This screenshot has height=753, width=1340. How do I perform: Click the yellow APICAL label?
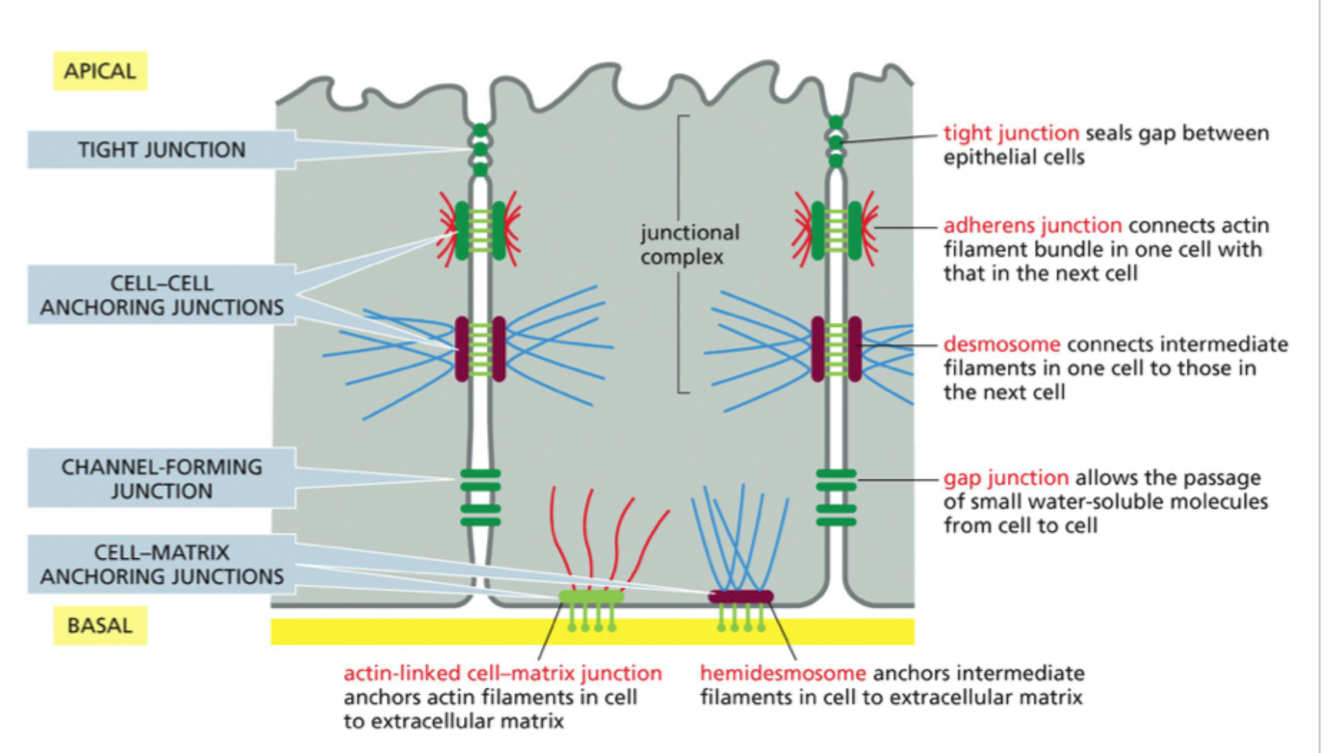[x=99, y=71]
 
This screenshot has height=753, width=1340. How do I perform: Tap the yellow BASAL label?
[x=99, y=626]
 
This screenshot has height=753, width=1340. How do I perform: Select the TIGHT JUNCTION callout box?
[x=161, y=150]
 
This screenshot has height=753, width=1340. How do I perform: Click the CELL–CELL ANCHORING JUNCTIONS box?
[x=161, y=295]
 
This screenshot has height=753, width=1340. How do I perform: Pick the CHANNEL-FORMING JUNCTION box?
[x=161, y=478]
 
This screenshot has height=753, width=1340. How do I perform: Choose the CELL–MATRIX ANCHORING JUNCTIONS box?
[x=161, y=564]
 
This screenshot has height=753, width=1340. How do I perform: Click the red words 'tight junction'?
[x=1010, y=133]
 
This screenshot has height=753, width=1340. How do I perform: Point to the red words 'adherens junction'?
[x=1032, y=225]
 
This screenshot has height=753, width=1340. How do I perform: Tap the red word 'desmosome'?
[x=1001, y=344]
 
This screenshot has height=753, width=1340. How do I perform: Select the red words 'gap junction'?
[x=1005, y=477]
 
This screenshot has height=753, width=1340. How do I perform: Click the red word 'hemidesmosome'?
[x=782, y=674]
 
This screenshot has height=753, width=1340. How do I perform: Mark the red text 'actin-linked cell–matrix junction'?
[x=502, y=674]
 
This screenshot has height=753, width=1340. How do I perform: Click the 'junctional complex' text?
[x=689, y=245]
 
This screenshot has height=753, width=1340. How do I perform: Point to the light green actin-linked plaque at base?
[x=591, y=596]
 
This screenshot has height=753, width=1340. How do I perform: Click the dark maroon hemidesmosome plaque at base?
[x=741, y=596]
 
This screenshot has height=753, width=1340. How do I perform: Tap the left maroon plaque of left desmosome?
[x=462, y=349]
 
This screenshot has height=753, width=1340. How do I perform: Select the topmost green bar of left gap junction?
[x=481, y=473]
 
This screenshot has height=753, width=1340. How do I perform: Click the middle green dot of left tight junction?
[x=481, y=150]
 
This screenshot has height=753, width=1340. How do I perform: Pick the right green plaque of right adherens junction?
[x=854, y=230]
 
